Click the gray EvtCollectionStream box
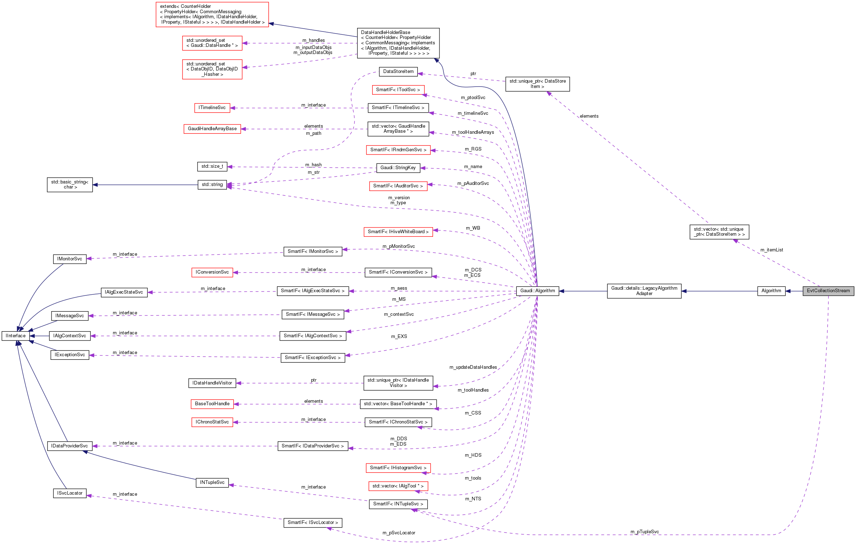pos(828,291)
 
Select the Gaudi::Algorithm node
pos(537,291)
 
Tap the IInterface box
pos(16,336)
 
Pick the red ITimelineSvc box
pos(212,108)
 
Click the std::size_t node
pos(212,166)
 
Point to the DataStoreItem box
pos(398,72)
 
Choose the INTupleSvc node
pos(212,482)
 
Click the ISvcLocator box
pos(70,493)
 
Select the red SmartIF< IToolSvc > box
pos(398,90)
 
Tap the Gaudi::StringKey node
pos(398,168)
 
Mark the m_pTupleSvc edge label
pos(645,532)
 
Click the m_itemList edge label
pos(772,250)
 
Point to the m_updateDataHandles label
pos(473,367)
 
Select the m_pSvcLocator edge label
pos(399,533)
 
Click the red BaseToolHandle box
pos(212,404)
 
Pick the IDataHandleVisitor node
pos(212,383)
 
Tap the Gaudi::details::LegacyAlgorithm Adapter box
pos(644,291)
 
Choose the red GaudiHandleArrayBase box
pos(212,129)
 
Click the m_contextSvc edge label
pos(399,314)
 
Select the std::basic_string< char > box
pos(70,185)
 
